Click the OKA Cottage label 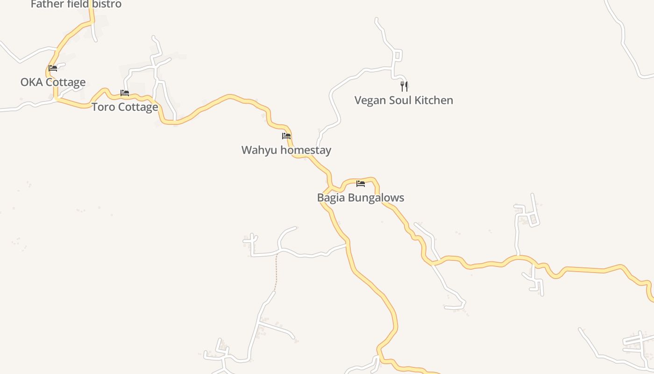click(53, 82)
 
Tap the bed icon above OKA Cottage click(53, 68)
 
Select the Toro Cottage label click(125, 107)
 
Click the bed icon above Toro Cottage click(125, 93)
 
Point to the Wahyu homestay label click(286, 150)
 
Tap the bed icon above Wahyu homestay click(286, 136)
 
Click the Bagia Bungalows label click(361, 197)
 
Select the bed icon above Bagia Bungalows click(361, 183)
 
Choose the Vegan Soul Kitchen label click(404, 100)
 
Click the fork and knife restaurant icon click(404, 86)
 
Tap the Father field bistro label click(76, 4)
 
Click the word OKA click(31, 82)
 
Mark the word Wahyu click(256, 150)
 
